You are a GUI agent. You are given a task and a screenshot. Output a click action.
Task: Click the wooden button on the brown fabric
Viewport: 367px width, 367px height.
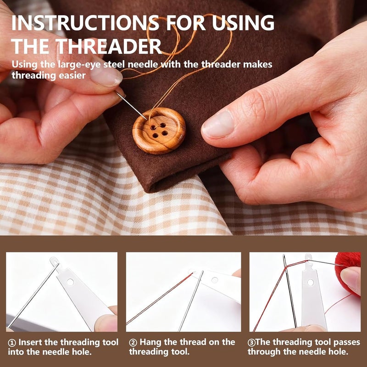159,131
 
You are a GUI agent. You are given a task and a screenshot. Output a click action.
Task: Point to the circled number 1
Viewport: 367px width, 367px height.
12,343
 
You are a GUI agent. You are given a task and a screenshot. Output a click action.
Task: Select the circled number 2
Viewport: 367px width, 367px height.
133,343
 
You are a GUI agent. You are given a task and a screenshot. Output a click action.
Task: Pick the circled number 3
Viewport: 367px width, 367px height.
251,343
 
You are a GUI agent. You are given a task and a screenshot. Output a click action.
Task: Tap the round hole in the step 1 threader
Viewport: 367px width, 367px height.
70,282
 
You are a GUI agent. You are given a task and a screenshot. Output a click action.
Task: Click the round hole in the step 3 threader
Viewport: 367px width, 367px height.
311,282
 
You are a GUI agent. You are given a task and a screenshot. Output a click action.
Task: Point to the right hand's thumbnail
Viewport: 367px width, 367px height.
217,124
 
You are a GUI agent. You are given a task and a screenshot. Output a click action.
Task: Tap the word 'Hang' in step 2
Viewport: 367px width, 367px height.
150,342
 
